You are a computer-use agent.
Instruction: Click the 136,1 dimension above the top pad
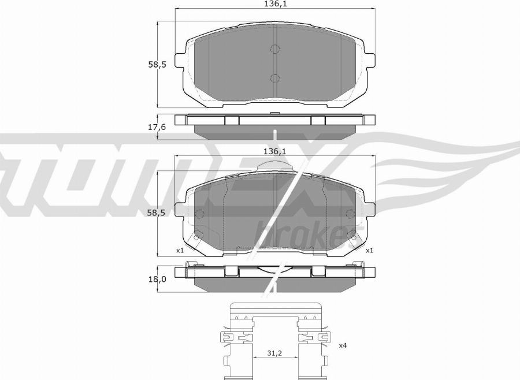pos(275,4)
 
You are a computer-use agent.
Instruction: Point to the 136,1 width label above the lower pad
pos(275,151)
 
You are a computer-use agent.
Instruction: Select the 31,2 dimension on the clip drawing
pos(275,354)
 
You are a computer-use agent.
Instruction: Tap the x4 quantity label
pos(343,345)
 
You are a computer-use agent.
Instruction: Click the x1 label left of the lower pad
pos(179,251)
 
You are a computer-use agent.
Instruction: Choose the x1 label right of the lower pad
pos(369,251)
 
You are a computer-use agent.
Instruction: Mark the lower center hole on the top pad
pos(275,78)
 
